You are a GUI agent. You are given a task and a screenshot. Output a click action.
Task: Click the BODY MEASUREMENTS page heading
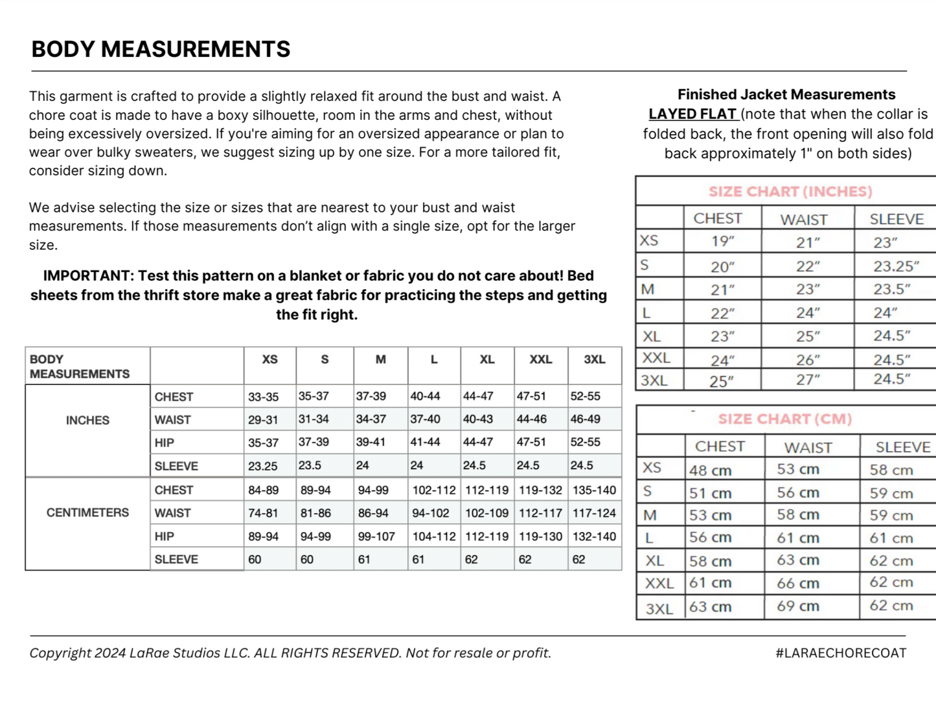click(x=161, y=49)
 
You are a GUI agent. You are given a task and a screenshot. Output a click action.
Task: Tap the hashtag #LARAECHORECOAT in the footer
click(x=841, y=653)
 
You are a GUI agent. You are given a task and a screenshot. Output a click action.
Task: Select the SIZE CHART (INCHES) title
click(x=790, y=192)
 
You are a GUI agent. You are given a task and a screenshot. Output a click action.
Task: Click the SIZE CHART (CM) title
click(x=784, y=419)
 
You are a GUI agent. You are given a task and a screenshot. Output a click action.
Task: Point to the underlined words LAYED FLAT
click(x=692, y=114)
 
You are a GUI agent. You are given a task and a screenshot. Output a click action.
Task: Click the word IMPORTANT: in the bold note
click(x=87, y=275)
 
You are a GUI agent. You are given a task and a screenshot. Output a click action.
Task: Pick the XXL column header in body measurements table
click(x=540, y=360)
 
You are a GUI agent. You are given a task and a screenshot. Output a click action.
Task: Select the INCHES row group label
click(x=87, y=421)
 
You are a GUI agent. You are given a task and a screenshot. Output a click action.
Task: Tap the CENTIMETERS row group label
click(x=87, y=513)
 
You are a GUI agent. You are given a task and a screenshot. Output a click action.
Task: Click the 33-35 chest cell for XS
click(x=263, y=397)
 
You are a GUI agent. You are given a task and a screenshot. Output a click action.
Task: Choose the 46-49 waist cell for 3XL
click(x=585, y=419)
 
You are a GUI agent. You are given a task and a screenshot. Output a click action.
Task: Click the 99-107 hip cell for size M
click(x=376, y=537)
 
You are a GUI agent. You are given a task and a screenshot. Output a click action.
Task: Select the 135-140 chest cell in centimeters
click(x=594, y=491)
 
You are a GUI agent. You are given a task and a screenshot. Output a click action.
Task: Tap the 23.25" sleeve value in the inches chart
click(x=896, y=266)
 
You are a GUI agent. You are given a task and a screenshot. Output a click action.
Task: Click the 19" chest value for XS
click(x=722, y=242)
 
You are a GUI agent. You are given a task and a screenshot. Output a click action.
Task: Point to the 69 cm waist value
click(x=798, y=607)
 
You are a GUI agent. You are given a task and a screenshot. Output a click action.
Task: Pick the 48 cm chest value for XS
click(x=710, y=470)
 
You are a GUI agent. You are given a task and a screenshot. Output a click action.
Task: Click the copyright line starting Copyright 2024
click(x=290, y=653)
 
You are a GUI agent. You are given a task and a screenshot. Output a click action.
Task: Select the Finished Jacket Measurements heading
click(x=786, y=95)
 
